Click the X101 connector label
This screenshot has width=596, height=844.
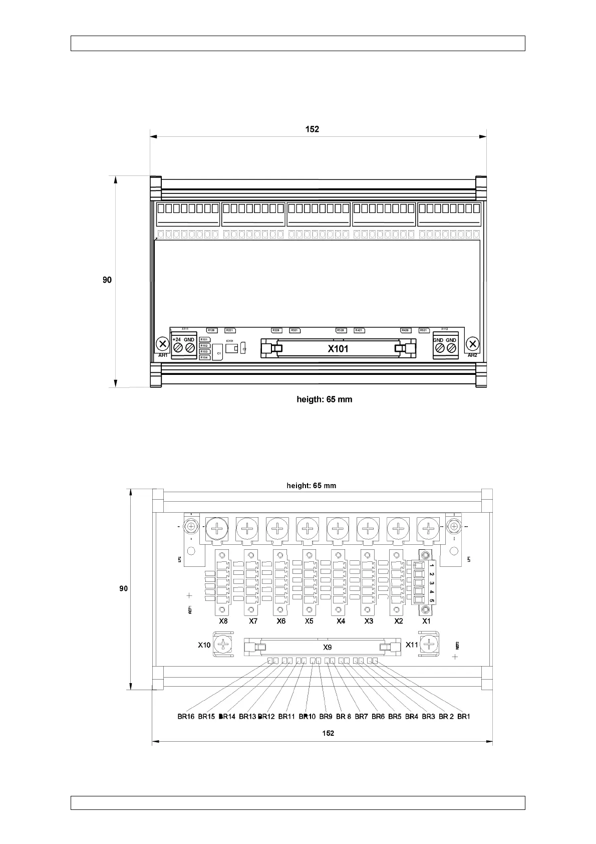tap(338, 349)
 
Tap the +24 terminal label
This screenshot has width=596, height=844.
tap(176, 340)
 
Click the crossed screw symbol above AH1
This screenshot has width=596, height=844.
tap(162, 344)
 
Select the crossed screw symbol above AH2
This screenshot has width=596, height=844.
tap(473, 344)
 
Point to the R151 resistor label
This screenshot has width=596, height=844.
tap(204, 340)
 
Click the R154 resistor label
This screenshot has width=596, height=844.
tap(204, 357)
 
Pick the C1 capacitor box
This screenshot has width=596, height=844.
tap(218, 353)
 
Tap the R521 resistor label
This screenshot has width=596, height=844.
tap(424, 330)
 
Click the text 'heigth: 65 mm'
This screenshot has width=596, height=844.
tap(325, 399)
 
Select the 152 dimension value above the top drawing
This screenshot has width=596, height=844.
tap(312, 129)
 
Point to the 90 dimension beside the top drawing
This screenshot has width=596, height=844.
tap(107, 280)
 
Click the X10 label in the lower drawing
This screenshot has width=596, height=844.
tap(204, 645)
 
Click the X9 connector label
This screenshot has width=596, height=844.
tap(328, 647)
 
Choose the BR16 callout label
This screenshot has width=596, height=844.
tap(186, 717)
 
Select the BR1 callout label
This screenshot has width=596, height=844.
tap(464, 717)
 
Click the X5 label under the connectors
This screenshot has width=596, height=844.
tap(309, 621)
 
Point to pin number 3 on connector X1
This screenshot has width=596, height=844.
tap(431, 583)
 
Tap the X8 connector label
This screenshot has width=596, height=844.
tap(223, 621)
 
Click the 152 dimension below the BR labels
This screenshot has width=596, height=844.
tap(328, 733)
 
